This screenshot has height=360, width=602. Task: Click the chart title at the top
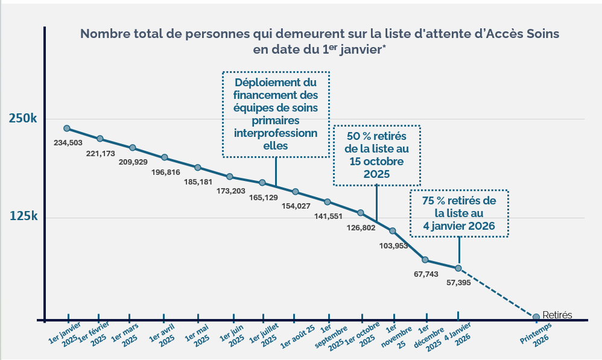(x=320, y=41)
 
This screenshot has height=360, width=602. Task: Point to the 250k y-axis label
(x=23, y=119)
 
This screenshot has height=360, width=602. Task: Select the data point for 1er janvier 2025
(x=67, y=128)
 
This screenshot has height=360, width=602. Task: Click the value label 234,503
(x=68, y=143)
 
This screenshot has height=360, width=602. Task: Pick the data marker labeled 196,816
(x=165, y=157)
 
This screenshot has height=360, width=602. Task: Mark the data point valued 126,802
(x=361, y=213)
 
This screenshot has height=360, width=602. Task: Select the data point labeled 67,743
(x=425, y=260)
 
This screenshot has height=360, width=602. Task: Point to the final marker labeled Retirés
(x=536, y=317)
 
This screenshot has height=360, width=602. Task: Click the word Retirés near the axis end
(x=557, y=314)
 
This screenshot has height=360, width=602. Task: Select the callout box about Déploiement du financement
(x=276, y=114)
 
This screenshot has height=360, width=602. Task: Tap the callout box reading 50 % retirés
(x=376, y=155)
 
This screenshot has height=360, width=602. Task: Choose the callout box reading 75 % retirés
(x=459, y=213)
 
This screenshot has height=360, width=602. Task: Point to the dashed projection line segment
(x=498, y=293)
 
